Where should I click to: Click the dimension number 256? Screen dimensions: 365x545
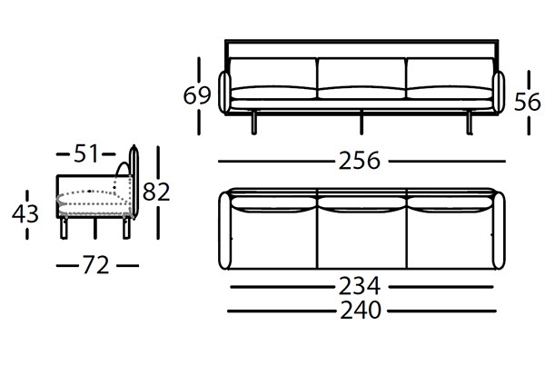pos(361,162)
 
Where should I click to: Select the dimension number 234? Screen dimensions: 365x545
pos(361,285)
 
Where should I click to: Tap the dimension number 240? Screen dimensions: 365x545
pos(361,310)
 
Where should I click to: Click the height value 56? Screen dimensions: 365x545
pos(528,103)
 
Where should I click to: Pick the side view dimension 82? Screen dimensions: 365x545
pos(157,192)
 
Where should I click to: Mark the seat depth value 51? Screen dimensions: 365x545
pos(86,154)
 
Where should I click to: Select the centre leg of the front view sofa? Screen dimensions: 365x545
pos(362,123)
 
